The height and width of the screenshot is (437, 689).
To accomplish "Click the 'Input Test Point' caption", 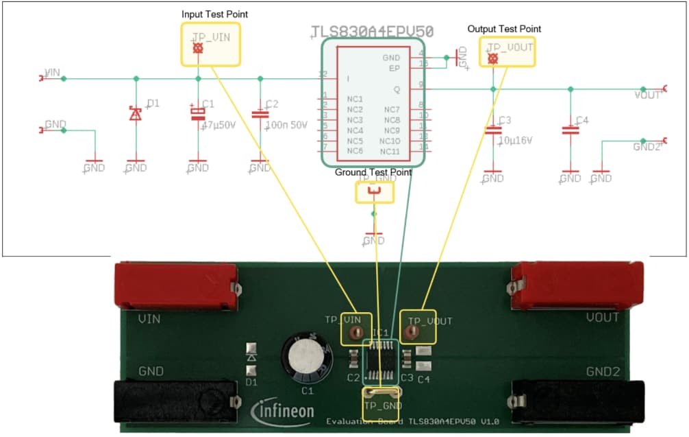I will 214,14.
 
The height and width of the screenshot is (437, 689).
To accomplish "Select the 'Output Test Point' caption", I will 504,29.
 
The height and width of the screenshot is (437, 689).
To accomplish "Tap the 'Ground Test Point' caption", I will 373,172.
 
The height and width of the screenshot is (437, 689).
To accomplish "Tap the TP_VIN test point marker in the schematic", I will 198,49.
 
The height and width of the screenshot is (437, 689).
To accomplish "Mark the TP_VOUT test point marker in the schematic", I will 492,59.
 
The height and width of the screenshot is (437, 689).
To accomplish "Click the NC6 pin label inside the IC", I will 355,150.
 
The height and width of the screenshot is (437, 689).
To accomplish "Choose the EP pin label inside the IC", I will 394,69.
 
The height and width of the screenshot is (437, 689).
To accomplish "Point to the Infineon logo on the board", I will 284,412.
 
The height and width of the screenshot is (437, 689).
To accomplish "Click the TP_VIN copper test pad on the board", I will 355,333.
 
